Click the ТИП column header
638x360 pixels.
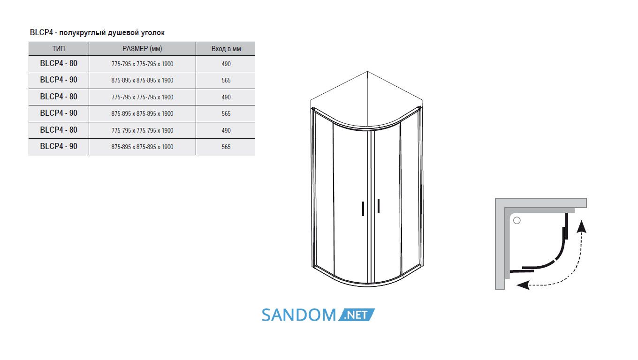58,49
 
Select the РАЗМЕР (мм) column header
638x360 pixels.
142,49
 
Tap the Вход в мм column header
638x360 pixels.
226,49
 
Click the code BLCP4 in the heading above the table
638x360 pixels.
41,32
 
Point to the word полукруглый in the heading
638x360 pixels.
83,33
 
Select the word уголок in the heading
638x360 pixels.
152,33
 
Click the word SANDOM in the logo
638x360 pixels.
299,315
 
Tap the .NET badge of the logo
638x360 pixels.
357,315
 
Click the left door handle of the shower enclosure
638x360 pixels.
363,209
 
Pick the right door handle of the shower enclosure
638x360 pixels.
379,206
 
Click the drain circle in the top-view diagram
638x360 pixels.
516,220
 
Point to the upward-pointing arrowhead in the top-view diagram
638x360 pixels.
581,226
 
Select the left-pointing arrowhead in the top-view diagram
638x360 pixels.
523,285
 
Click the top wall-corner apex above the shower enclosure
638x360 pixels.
367,71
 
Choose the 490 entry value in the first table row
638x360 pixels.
226,64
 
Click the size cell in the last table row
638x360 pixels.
142,147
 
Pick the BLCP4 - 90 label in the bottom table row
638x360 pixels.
59,146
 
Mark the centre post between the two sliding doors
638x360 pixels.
369,207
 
